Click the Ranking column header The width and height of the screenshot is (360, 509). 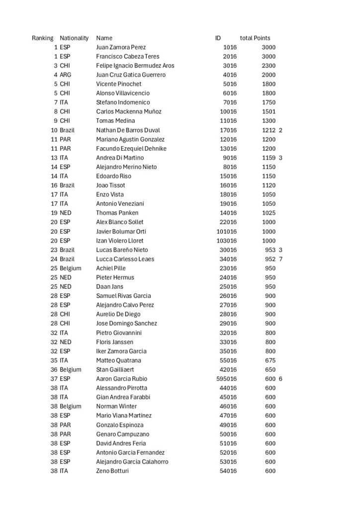[42, 38]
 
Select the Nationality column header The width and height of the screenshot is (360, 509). [74, 38]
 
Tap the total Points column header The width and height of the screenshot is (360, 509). [255, 38]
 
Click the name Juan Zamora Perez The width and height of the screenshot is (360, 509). [121, 47]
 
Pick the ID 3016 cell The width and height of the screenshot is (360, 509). [230, 66]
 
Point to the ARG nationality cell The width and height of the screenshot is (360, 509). [67, 75]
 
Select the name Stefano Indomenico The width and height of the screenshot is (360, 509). [123, 102]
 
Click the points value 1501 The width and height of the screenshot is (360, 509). [269, 111]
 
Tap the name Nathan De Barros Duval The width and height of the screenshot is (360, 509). [127, 130]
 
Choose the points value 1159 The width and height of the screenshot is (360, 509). [269, 158]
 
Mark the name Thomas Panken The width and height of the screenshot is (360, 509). [117, 213]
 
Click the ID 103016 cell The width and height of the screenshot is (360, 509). [227, 241]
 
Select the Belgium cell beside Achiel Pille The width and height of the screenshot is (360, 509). [70, 268]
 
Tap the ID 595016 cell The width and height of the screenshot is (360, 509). [227, 379]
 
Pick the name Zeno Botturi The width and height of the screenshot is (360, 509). [112, 471]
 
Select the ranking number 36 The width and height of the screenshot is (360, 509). [54, 369]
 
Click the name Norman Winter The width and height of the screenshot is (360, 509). [116, 406]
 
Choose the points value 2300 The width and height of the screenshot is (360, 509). [269, 66]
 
